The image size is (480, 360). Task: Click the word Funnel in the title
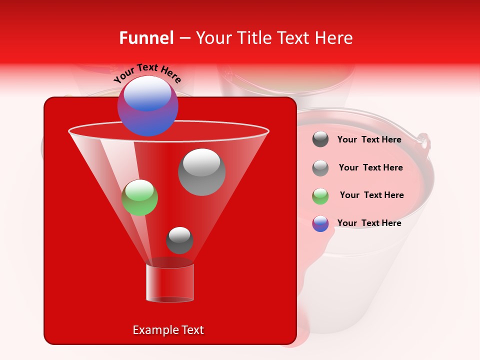click(146, 38)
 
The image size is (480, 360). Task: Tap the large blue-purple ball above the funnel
click(147, 106)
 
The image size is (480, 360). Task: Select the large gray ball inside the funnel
click(201, 172)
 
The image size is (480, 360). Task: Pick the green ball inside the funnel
click(139, 197)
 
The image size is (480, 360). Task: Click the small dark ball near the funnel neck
click(179, 240)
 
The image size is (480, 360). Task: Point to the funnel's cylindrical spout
click(170, 283)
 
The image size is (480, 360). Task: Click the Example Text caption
click(168, 330)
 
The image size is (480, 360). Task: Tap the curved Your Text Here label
click(147, 73)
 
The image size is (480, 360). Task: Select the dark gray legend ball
click(320, 139)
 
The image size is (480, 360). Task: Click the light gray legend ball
click(320, 168)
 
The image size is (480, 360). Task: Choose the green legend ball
click(320, 196)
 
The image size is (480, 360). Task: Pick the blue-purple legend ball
click(320, 223)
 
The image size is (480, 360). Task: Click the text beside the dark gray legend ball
click(369, 139)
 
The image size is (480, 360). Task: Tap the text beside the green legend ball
click(371, 195)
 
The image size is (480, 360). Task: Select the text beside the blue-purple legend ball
click(369, 223)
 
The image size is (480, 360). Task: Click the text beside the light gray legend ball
click(370, 167)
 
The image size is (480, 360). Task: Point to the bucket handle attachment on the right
click(424, 141)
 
